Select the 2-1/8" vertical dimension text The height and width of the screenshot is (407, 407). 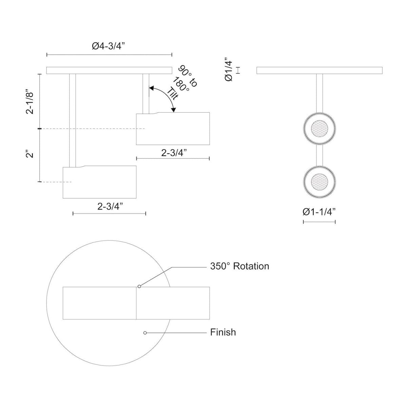pyautogui.click(x=31, y=102)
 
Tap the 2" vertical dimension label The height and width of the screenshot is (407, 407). pyautogui.click(x=31, y=154)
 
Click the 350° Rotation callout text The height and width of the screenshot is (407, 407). pyautogui.click(x=239, y=266)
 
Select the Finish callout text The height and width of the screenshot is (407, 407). pyautogui.click(x=223, y=332)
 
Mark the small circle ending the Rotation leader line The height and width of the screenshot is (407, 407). pyautogui.click(x=139, y=287)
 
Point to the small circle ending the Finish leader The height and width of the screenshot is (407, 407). pyautogui.click(x=145, y=333)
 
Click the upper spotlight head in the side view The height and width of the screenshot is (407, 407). pyautogui.click(x=173, y=129)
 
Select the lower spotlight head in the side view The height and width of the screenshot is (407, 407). pyautogui.click(x=100, y=182)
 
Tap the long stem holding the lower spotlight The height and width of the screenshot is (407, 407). pyautogui.click(x=72, y=120)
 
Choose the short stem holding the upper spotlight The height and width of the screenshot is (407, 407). pyautogui.click(x=146, y=93)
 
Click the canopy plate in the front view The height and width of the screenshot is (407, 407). pyautogui.click(x=320, y=70)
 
